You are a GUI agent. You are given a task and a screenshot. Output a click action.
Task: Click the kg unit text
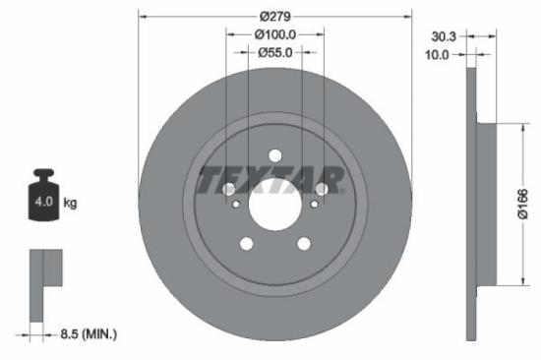point(70,203)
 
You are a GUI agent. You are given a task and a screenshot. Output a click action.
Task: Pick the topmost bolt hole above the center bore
point(274,155)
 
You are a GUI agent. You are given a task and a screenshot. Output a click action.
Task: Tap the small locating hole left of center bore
point(236,205)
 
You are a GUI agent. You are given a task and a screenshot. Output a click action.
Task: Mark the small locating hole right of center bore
point(313,205)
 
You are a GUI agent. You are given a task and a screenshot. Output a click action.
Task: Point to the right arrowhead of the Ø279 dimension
point(405,17)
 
